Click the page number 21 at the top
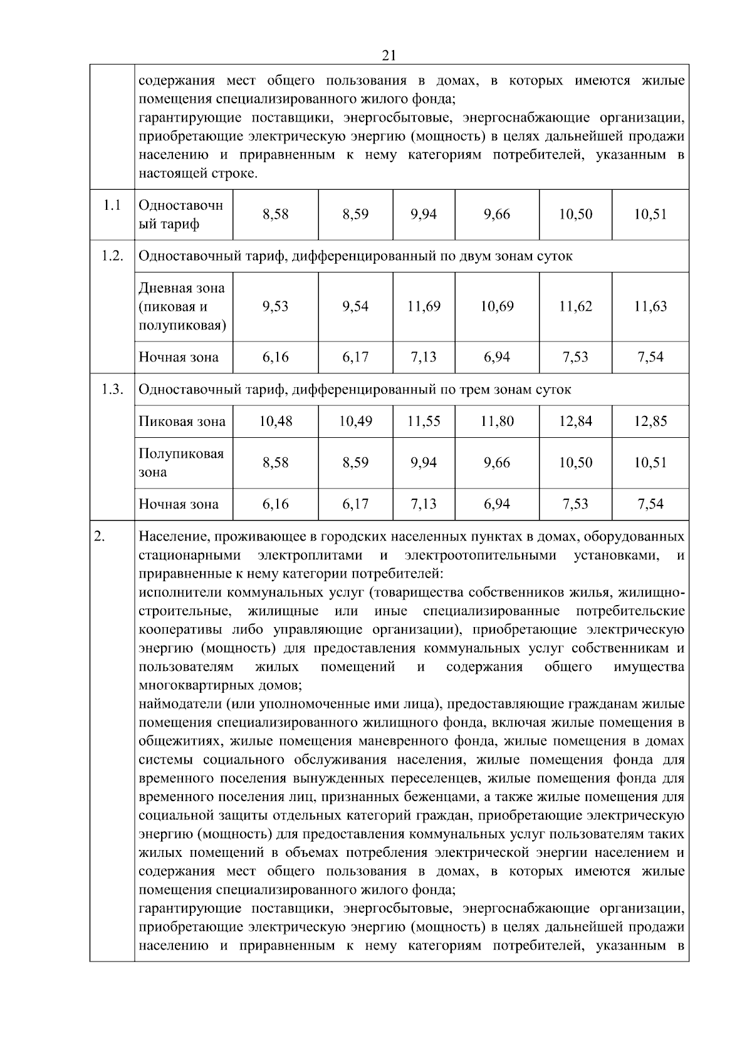click(389, 56)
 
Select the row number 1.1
click(112, 205)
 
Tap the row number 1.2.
click(112, 256)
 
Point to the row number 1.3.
click(112, 389)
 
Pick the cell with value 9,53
click(275, 306)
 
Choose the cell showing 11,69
click(424, 306)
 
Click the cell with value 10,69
click(496, 306)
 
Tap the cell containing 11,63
click(650, 306)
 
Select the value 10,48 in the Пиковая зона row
click(275, 421)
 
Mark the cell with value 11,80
click(496, 421)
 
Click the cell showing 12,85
click(650, 421)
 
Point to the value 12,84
click(575, 421)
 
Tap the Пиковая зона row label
click(182, 421)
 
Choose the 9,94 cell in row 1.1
click(424, 214)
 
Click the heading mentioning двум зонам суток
click(355, 256)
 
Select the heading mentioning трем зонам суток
click(355, 389)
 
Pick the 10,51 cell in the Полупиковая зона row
click(650, 462)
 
